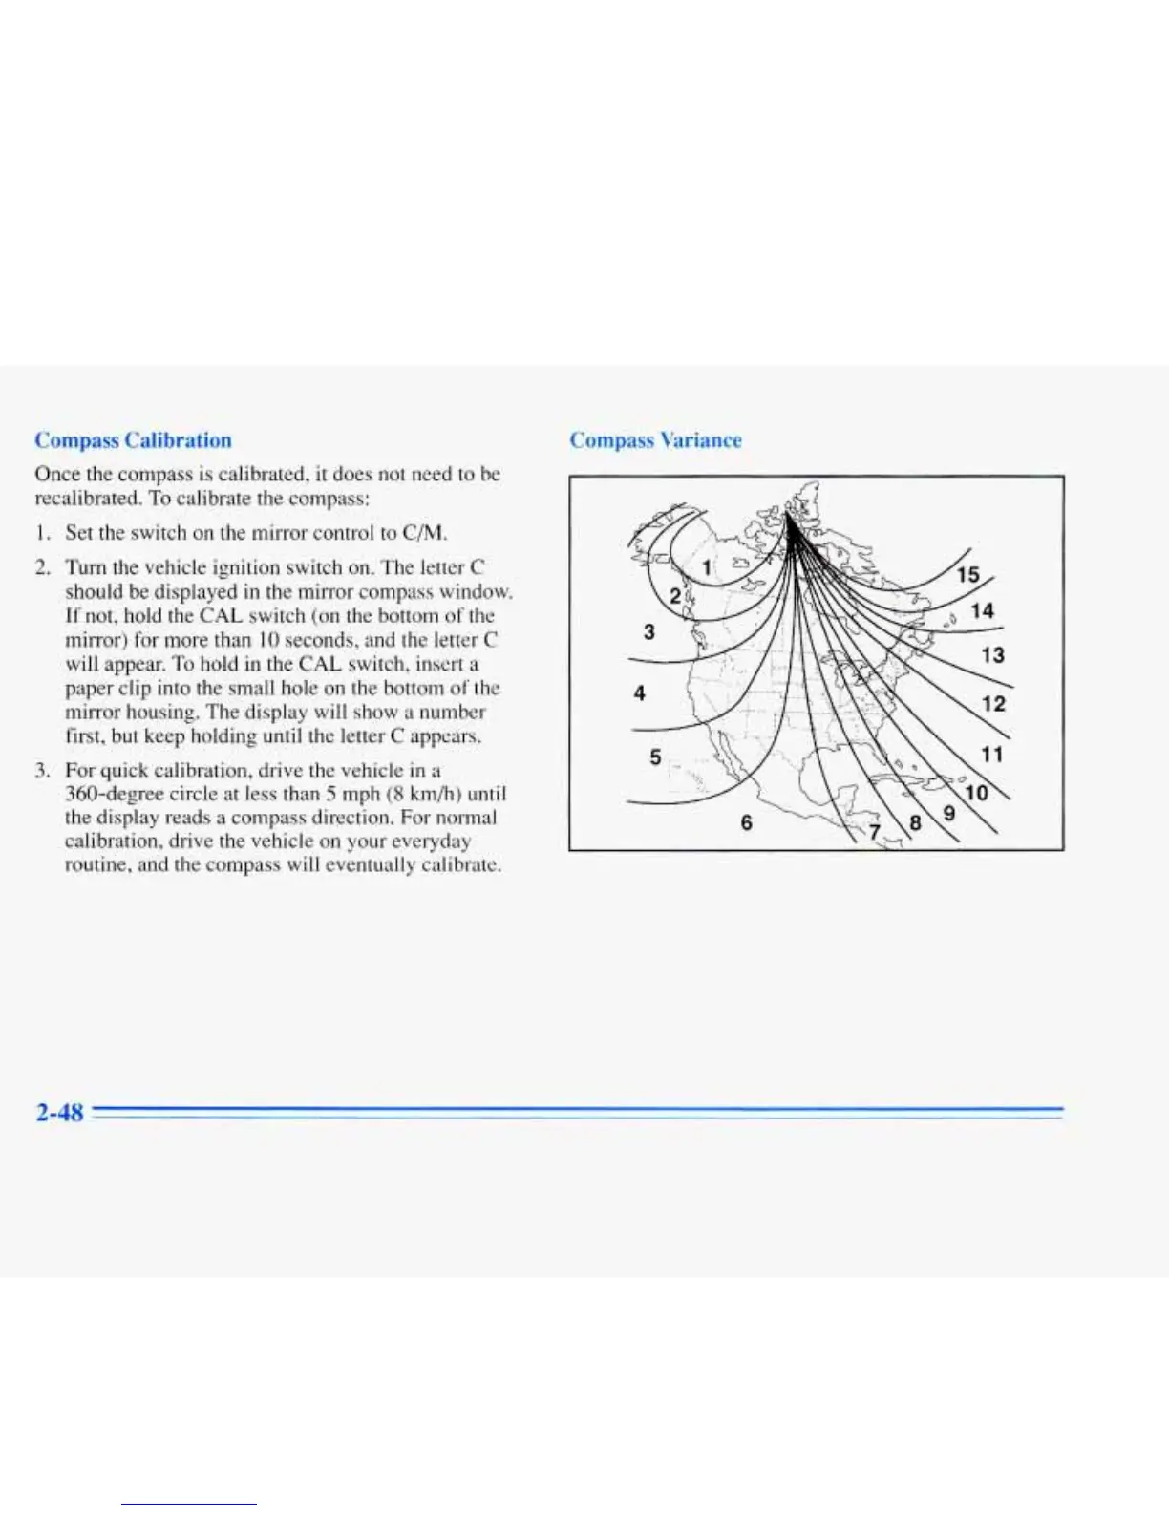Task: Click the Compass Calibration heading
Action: (x=133, y=440)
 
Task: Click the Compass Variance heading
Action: (x=655, y=440)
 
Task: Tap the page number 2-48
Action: (x=59, y=1113)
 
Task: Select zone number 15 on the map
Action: (x=967, y=575)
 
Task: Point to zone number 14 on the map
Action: (x=982, y=611)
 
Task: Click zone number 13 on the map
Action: (x=992, y=655)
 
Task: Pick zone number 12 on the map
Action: (x=993, y=704)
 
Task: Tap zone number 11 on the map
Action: (x=992, y=755)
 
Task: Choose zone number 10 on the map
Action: (x=976, y=794)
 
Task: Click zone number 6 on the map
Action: (x=746, y=822)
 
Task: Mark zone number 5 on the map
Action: (x=655, y=757)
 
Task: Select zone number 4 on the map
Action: (x=640, y=693)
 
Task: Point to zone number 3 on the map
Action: (x=649, y=631)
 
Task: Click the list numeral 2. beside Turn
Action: (x=42, y=568)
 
